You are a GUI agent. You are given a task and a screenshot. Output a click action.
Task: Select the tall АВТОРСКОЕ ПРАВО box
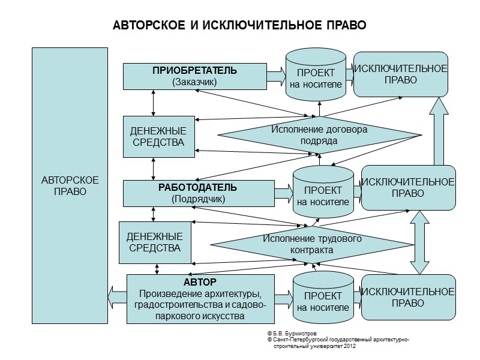tap(70, 186)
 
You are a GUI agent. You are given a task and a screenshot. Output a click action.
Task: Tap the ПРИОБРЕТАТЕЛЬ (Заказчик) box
tap(194, 76)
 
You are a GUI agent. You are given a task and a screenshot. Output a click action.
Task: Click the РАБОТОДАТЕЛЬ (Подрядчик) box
tap(198, 193)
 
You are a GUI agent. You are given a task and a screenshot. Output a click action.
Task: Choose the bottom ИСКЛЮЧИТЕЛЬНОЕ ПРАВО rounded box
tap(407, 298)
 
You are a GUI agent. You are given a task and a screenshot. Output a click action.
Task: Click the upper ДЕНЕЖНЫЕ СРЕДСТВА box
tap(158, 136)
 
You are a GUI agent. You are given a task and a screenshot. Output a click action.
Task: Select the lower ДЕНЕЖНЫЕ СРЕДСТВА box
tap(155, 242)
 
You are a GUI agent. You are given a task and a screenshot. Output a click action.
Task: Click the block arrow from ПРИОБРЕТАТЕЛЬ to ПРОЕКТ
tap(276, 76)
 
